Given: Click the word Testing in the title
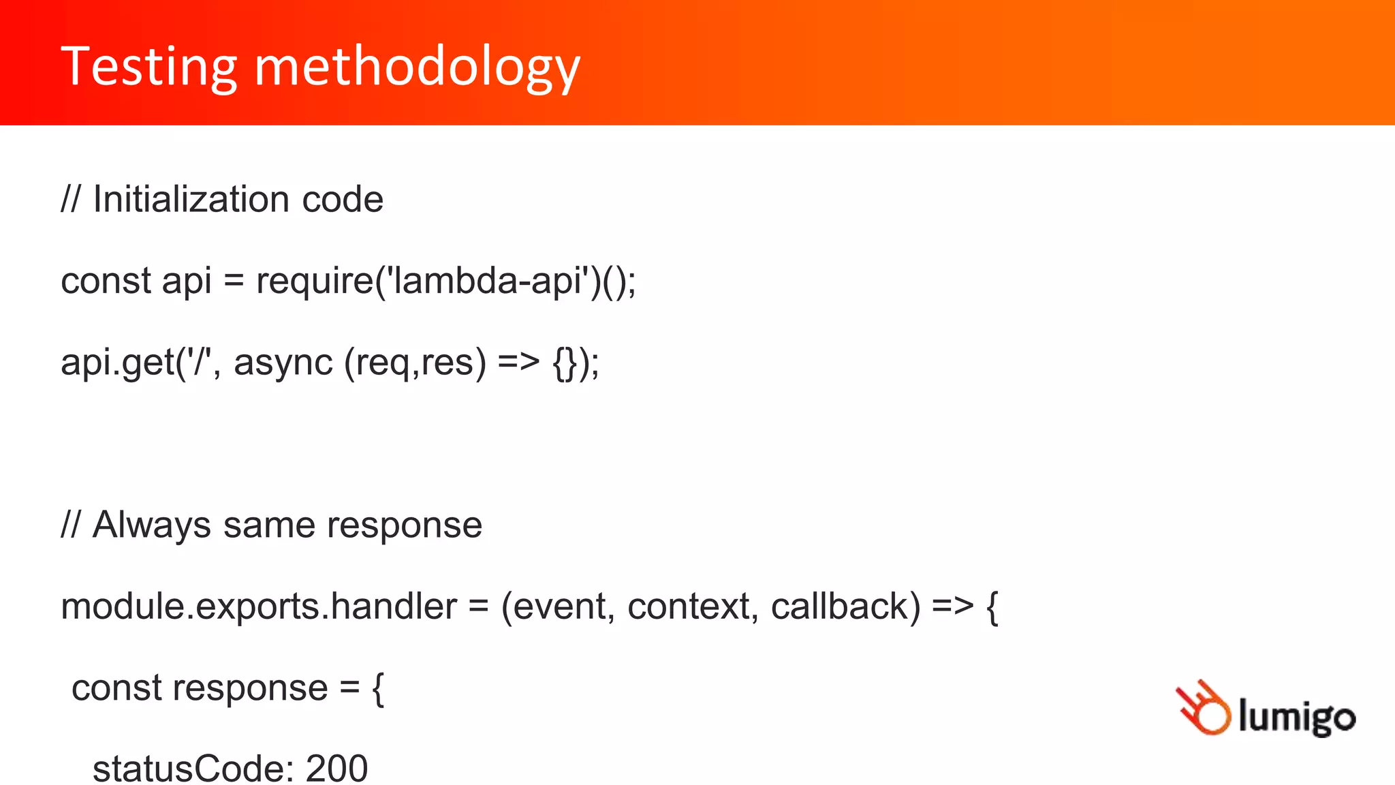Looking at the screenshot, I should [x=148, y=67].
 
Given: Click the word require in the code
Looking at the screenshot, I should [x=315, y=281].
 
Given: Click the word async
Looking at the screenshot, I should [x=283, y=363].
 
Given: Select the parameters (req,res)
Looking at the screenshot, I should [x=416, y=363].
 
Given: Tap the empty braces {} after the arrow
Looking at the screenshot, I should [x=565, y=363].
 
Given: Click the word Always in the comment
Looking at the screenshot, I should [x=152, y=526].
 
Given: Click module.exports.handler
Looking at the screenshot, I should [x=259, y=606].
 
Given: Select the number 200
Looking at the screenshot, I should [x=336, y=769].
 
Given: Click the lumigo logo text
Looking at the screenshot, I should [x=1297, y=717].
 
